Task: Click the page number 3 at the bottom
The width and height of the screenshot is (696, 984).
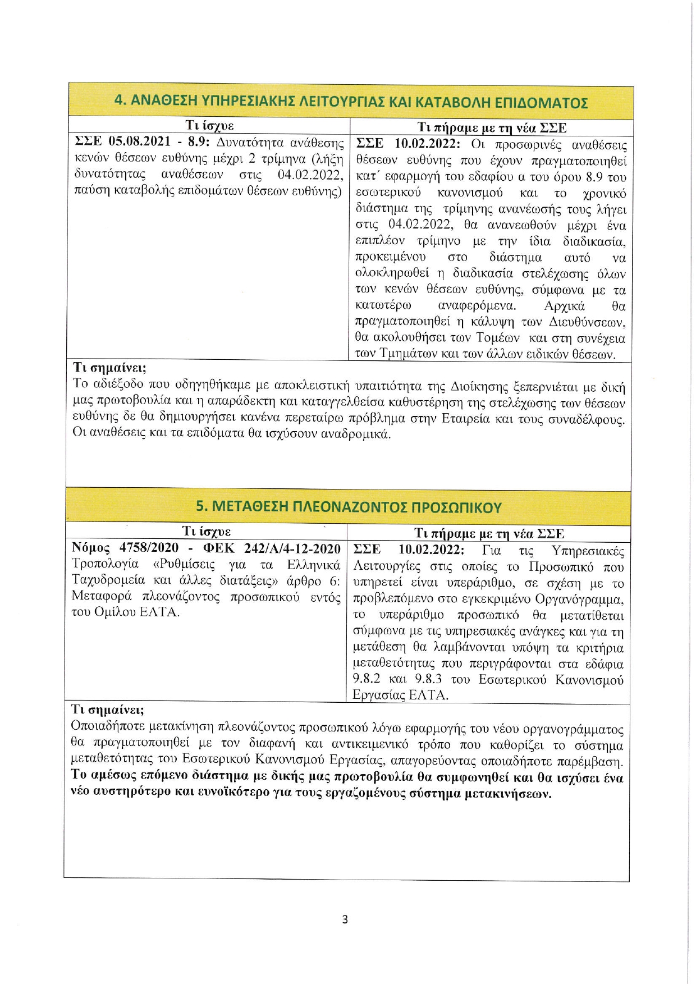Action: [x=345, y=919]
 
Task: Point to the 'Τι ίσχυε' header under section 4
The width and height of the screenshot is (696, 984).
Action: [x=209, y=125]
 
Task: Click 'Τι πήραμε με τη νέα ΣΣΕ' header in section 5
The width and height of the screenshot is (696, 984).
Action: [x=489, y=533]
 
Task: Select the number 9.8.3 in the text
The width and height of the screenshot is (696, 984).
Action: [x=428, y=679]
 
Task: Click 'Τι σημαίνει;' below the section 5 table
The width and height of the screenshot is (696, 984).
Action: [x=108, y=710]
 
